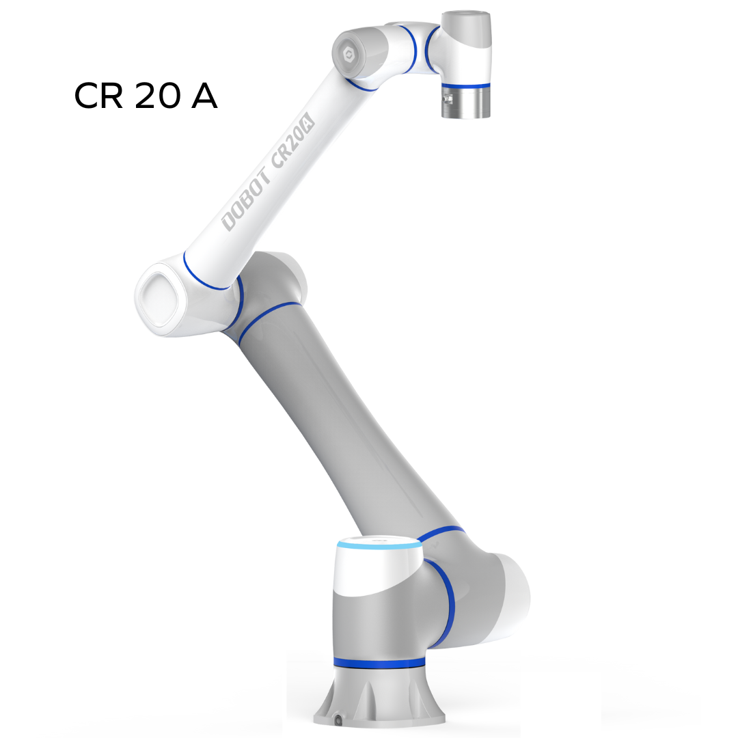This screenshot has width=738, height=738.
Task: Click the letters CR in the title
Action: [x=98, y=96]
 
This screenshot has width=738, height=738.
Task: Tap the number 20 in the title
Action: [x=158, y=96]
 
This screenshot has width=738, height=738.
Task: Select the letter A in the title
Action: [x=204, y=96]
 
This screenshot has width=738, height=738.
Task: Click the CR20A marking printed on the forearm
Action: [x=292, y=140]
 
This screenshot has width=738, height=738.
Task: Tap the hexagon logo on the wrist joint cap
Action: [x=348, y=55]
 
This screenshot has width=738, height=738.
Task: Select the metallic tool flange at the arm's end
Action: [x=465, y=102]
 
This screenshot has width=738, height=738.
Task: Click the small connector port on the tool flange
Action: [x=447, y=99]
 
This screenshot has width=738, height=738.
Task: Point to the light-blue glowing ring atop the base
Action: [x=379, y=545]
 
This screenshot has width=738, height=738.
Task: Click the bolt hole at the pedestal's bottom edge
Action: [x=338, y=720]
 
